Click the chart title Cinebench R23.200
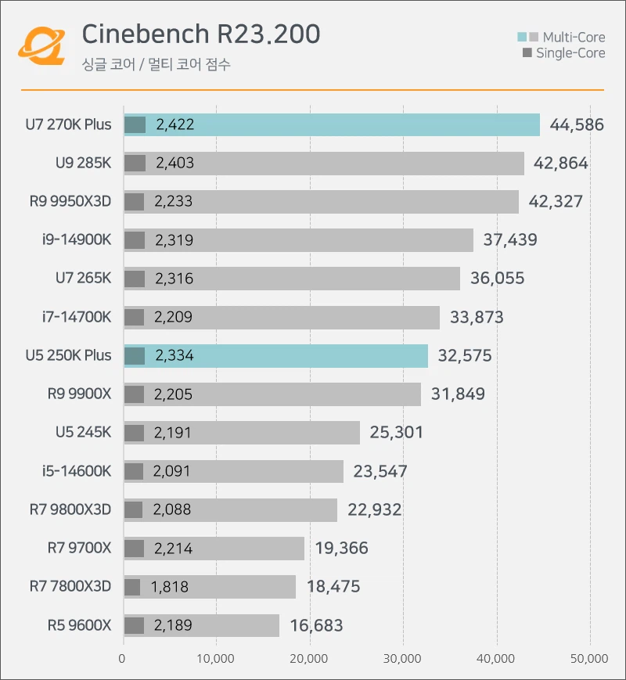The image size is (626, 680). coord(200,34)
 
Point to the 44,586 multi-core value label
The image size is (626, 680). coord(577,124)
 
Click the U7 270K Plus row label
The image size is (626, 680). coord(68,124)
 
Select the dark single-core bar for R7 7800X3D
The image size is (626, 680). coord(132,587)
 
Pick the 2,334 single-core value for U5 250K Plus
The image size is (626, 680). coord(174,356)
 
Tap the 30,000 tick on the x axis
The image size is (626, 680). coord(402,659)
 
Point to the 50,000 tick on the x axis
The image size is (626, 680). coord(588,659)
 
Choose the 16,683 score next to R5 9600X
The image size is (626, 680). coord(316,626)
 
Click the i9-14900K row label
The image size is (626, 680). coord(77,240)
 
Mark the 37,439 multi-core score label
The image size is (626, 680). coord(510,240)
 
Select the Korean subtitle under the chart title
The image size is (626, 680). coord(156,64)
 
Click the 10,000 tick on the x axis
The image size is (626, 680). coord(216,659)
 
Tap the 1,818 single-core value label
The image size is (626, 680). coord(170,587)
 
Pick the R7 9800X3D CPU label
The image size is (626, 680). coord(70,510)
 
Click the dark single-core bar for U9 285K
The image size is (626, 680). coord(135,163)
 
